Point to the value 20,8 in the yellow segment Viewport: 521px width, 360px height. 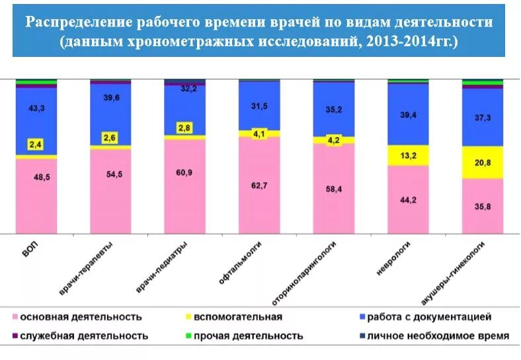(x=483, y=162)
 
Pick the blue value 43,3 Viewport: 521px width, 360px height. (x=36, y=108)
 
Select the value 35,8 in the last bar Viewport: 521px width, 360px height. (x=483, y=206)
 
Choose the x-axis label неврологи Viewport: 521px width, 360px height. (x=391, y=259)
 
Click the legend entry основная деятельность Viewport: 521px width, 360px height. (x=81, y=317)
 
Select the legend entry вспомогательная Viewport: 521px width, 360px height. (x=243, y=317)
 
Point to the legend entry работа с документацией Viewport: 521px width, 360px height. (x=429, y=317)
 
